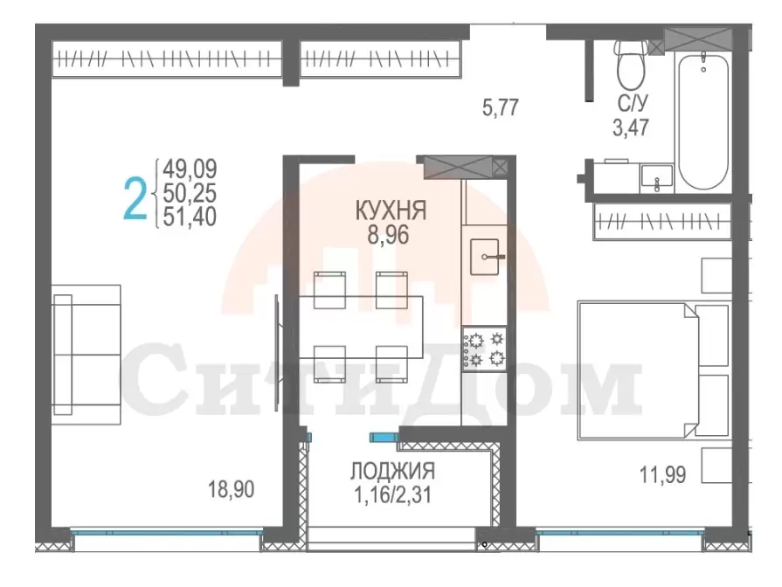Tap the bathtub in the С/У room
703,121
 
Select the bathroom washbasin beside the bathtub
657,178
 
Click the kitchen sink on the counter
484,257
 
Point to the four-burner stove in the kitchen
484,349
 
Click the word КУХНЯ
391,211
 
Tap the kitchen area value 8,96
388,234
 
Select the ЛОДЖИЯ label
392,471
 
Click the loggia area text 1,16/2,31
392,494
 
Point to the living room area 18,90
231,489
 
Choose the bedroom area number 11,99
663,474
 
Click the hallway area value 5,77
501,107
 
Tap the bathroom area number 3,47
631,128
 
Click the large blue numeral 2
135,199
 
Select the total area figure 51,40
190,217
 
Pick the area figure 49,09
190,169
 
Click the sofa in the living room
87,356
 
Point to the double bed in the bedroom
654,370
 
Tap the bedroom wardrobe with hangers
662,221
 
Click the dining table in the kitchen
361,328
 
